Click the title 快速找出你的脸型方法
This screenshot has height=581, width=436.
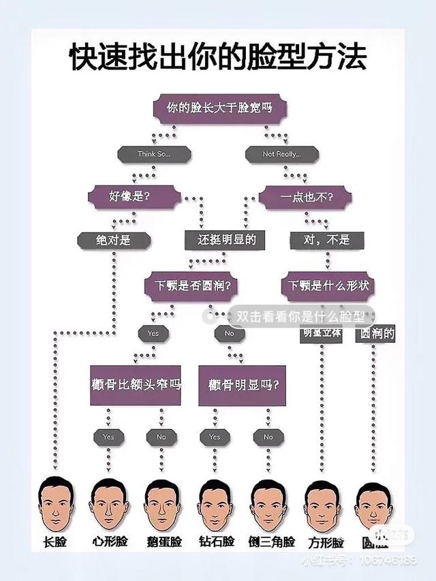[218, 57]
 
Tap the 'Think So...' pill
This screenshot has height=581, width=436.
[154, 155]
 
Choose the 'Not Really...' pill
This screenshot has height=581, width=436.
[281, 155]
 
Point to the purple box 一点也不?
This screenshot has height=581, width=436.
[306, 197]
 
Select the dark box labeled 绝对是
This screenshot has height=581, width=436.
[112, 240]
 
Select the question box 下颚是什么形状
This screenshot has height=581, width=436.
[328, 285]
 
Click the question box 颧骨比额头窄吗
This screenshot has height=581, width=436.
[136, 385]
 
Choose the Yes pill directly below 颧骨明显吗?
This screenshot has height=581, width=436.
[215, 437]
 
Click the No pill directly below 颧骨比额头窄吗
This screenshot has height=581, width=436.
[161, 437]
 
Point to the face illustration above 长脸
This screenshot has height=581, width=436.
[55, 505]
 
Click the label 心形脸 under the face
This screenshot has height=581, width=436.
[109, 542]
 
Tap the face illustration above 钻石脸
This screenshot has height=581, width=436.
[215, 505]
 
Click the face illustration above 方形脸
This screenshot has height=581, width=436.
[322, 505]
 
